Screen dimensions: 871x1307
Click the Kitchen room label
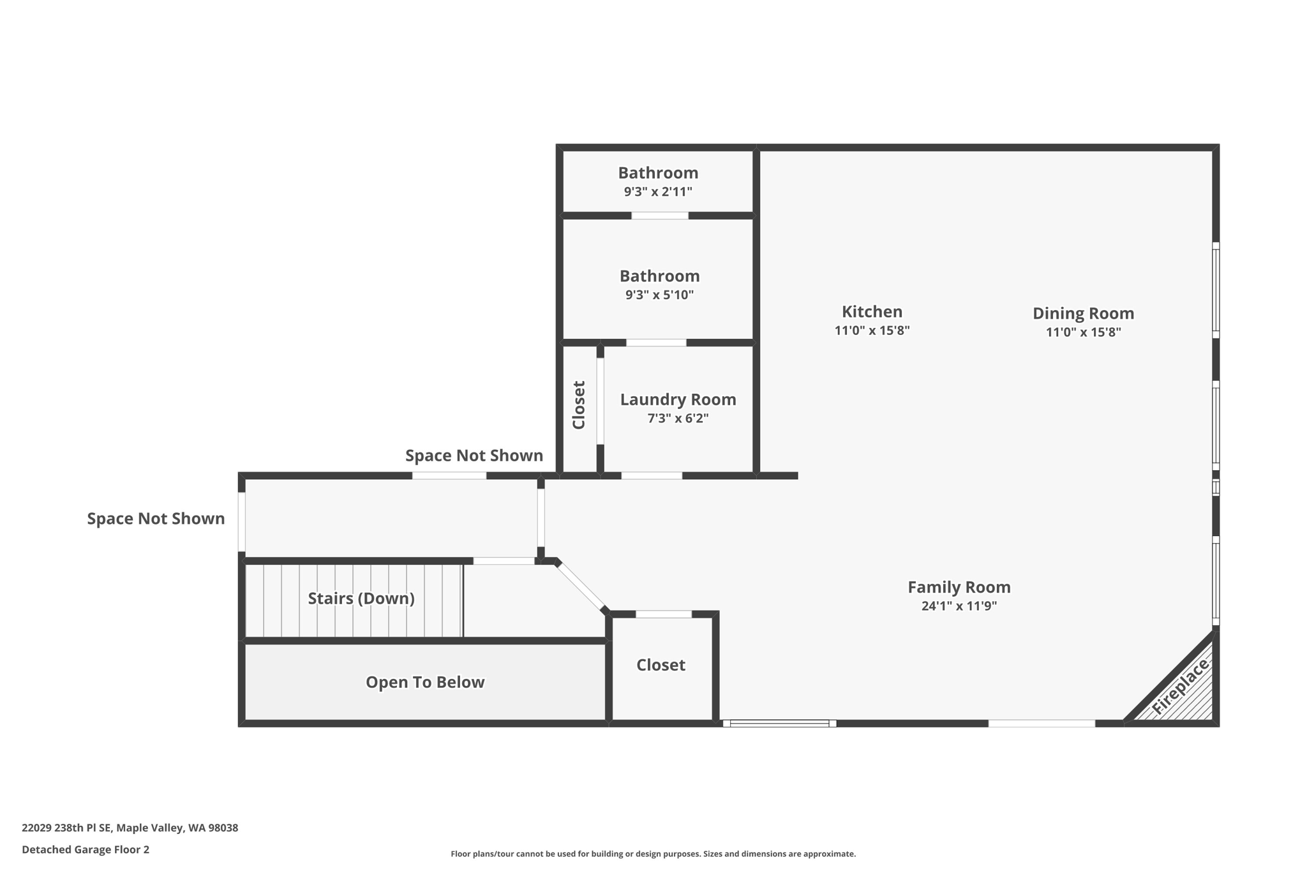coord(872,312)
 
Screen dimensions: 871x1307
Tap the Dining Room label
coord(1083,313)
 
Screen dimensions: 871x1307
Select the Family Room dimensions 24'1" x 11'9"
coord(959,606)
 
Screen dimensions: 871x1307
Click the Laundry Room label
coord(678,399)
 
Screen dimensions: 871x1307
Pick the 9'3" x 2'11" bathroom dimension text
coord(658,191)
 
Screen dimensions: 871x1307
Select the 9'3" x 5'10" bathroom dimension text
coord(659,295)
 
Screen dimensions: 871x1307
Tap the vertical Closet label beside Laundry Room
coord(579,405)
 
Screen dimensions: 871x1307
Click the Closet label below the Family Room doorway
coord(661,665)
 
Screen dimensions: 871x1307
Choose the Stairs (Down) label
coord(361,599)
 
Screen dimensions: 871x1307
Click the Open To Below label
coord(425,682)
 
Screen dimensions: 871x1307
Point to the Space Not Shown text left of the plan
coord(156,519)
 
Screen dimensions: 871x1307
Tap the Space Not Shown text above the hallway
coord(474,456)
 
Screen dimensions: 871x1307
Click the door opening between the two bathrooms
coord(659,216)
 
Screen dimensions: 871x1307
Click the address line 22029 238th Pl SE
coord(130,828)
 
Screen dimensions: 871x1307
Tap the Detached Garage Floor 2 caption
coord(86,849)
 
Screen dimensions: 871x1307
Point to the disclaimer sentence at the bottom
coord(653,854)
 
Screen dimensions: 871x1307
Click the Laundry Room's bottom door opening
coord(652,475)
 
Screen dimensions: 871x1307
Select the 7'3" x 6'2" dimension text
coord(678,419)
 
